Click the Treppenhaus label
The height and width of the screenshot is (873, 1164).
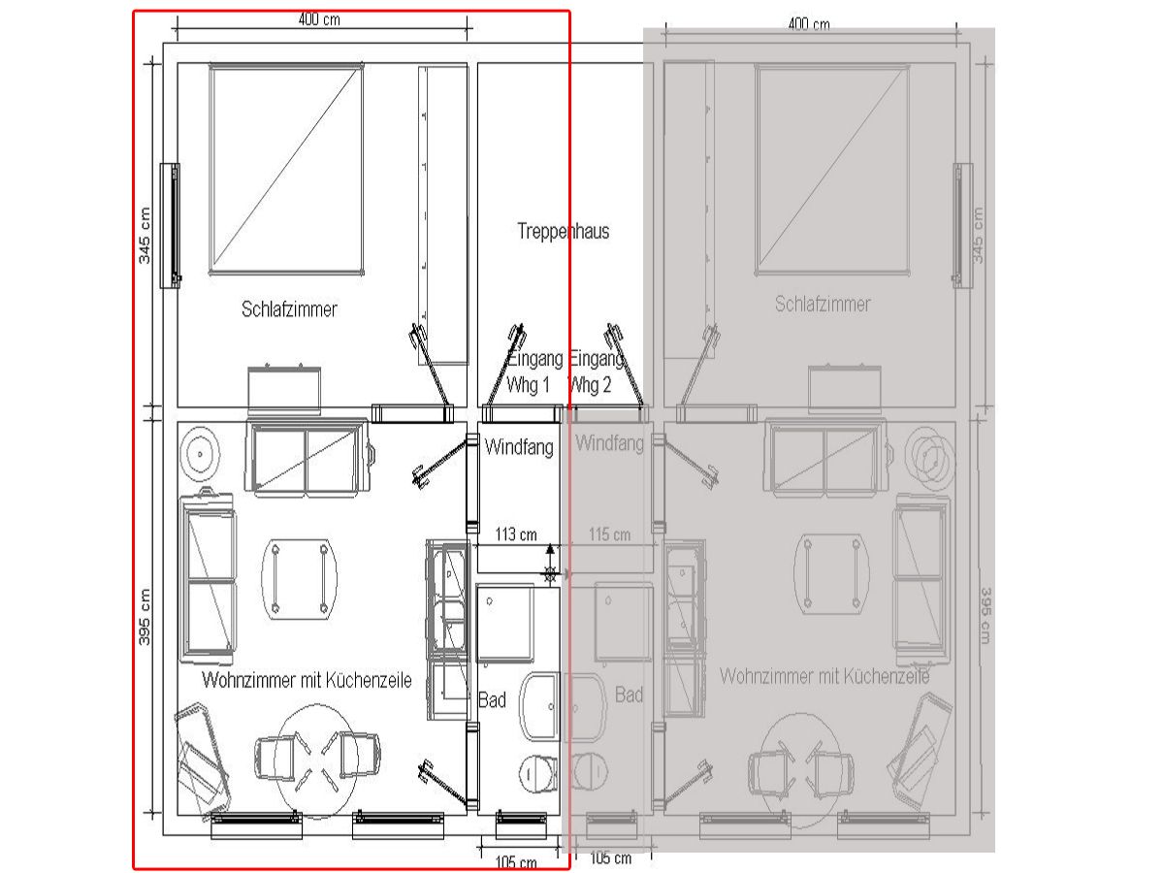point(563,232)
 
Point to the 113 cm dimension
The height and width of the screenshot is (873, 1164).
point(515,534)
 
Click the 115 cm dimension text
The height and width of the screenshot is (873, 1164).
point(609,534)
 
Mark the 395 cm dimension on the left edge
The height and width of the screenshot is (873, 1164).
point(145,619)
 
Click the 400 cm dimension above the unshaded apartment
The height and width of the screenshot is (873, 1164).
point(319,20)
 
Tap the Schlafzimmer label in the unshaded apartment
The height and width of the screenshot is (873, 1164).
point(289,309)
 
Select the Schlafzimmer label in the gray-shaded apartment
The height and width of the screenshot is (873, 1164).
point(823,305)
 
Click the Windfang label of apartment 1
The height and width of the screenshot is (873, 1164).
point(519,447)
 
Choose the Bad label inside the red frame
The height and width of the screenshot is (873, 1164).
point(492,699)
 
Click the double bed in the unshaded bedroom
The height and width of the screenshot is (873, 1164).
point(286,169)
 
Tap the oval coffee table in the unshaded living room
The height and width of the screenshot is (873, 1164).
point(299,577)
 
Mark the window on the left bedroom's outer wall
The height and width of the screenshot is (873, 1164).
point(171,225)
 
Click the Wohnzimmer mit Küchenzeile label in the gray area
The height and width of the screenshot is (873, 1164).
point(824,676)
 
